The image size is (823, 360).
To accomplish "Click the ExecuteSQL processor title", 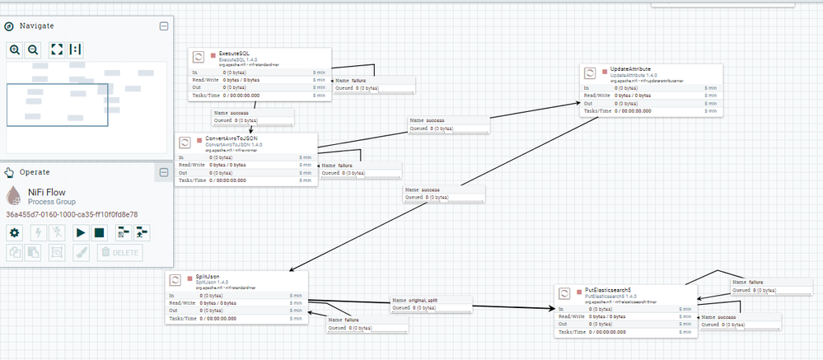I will [x=235, y=54].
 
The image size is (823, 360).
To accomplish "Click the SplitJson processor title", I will [x=208, y=275].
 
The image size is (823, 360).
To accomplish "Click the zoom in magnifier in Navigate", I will [x=15, y=49].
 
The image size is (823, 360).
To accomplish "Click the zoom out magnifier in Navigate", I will [x=33, y=49].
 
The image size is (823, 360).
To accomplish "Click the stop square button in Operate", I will [x=99, y=232].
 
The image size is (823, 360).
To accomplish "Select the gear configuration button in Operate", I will [x=14, y=232].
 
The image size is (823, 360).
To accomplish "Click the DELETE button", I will [x=115, y=252].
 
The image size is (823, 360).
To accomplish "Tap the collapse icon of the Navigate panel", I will [x=163, y=26].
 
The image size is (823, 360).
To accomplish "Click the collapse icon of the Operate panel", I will [x=163, y=172].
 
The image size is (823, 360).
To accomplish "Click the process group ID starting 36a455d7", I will [x=72, y=214].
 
